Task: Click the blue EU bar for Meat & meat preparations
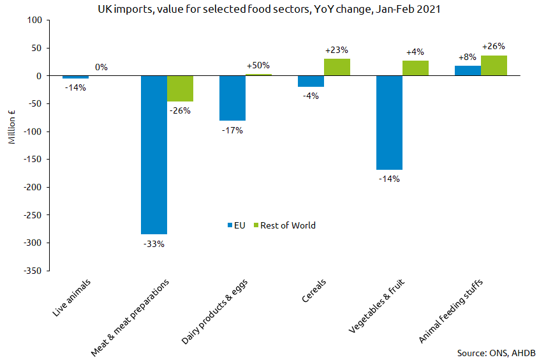(154, 154)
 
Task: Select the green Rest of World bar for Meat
(180, 89)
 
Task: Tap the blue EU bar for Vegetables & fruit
(389, 123)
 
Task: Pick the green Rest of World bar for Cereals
(337, 68)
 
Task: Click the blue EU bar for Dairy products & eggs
(232, 98)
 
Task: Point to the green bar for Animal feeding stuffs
(494, 66)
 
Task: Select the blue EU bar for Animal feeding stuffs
(468, 71)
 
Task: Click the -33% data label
(154, 243)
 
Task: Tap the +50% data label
(258, 65)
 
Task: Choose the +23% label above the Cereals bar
(336, 50)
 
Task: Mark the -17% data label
(232, 130)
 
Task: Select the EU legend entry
(237, 225)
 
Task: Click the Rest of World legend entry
(284, 225)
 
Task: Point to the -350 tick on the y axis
(33, 271)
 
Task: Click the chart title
(269, 10)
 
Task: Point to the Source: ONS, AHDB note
(496, 352)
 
